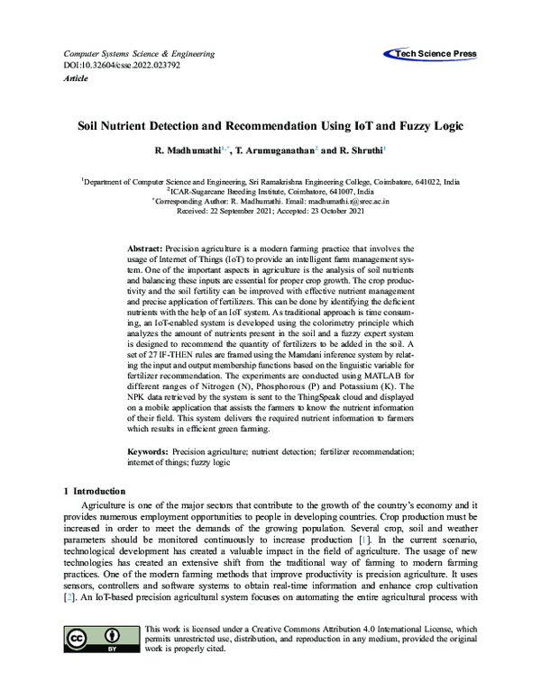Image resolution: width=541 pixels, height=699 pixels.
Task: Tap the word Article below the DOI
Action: tap(77, 78)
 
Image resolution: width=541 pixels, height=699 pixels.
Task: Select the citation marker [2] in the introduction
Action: tap(69, 597)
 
